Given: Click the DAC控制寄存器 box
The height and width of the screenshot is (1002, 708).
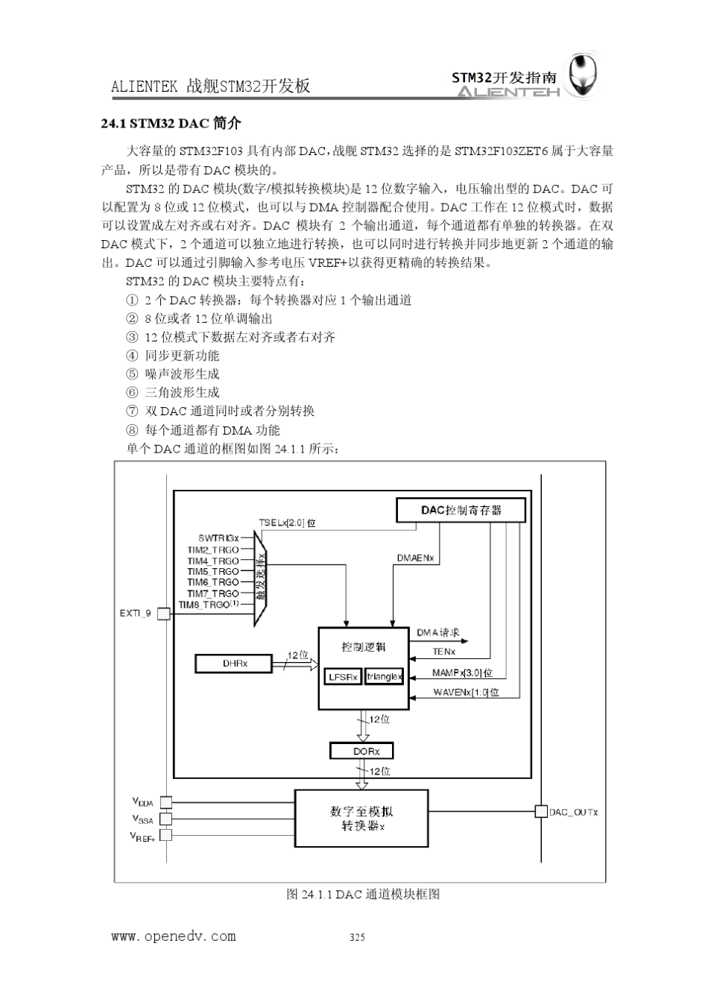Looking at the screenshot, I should point(461,510).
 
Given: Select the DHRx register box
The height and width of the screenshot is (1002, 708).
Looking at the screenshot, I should point(235,663).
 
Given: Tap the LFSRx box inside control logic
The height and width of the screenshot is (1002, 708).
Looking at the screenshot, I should point(343,677).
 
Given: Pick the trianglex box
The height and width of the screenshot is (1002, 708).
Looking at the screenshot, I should point(384,677).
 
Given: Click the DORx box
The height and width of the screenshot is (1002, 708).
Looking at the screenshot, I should point(361,751).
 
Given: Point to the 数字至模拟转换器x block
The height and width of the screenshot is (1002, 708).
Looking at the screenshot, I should point(361,818).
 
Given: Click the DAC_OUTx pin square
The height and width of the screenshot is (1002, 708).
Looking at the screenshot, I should point(542,811).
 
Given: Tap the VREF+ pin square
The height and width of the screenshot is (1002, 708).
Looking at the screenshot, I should point(165,835).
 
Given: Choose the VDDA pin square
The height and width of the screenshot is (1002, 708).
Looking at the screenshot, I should point(165,802).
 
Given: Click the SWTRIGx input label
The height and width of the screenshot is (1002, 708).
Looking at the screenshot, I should point(218,538).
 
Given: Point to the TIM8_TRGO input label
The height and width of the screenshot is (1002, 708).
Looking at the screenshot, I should point(208,604).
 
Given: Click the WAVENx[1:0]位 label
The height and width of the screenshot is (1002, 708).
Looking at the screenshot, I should point(466,693).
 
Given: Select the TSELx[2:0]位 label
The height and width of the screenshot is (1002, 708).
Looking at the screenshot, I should point(287,523).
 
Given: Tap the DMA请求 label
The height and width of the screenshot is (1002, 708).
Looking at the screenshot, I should point(437,632).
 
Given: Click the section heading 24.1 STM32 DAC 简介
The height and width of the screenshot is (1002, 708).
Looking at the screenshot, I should point(171,123).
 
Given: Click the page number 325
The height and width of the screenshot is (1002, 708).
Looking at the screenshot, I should point(357,937).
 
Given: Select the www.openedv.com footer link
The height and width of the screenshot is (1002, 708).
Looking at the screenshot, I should point(174,936).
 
